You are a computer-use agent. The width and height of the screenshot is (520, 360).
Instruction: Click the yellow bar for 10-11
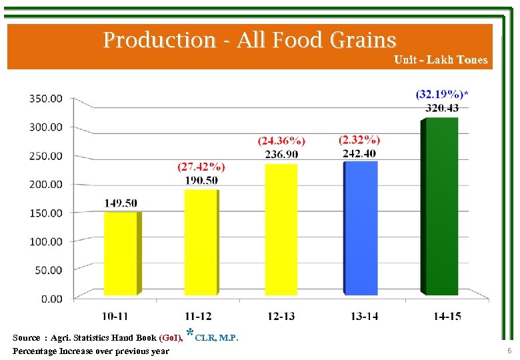(121, 253)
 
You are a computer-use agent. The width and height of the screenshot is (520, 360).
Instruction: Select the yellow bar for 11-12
(200, 242)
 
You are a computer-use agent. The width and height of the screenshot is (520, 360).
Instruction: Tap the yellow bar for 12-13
(281, 229)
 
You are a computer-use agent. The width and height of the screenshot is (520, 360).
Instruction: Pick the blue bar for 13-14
(360, 227)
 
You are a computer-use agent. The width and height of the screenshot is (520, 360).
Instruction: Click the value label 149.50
(121, 203)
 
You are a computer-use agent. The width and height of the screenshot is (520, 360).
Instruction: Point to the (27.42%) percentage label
(201, 167)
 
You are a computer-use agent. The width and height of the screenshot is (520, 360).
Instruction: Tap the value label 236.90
(281, 154)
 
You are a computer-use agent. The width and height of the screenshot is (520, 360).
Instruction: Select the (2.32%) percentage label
(359, 140)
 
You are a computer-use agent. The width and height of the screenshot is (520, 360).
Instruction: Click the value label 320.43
(441, 108)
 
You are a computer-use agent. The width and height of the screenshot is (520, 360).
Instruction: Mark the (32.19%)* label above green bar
(441, 94)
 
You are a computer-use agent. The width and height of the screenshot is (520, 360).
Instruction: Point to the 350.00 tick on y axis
(46, 98)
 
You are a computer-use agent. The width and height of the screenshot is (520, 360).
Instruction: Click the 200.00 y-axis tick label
(46, 184)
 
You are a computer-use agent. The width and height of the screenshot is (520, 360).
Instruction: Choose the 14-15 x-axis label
(446, 316)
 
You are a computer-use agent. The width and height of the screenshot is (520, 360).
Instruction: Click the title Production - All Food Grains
(249, 40)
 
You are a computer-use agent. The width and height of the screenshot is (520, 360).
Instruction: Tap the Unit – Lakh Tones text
(441, 60)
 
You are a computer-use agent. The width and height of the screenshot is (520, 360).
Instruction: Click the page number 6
(509, 351)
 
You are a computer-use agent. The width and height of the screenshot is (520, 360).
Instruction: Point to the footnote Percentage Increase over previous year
(91, 351)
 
